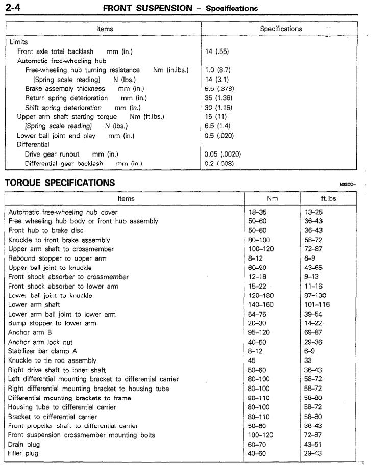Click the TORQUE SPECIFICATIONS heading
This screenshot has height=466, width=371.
pyautogui.click(x=60, y=183)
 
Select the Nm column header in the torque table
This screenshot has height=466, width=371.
pyautogui.click(x=272, y=198)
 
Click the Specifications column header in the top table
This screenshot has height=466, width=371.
pyautogui.click(x=281, y=29)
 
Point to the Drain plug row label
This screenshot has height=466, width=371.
pyautogui.click(x=23, y=444)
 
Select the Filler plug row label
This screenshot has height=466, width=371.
pyautogui.click(x=23, y=453)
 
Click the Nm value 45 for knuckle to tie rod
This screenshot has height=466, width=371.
pyautogui.click(x=252, y=360)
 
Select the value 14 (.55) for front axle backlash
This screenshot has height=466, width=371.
pyautogui.click(x=216, y=51)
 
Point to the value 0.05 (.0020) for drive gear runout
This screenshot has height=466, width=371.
pyautogui.click(x=222, y=154)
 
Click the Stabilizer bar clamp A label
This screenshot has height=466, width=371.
pyautogui.click(x=43, y=351)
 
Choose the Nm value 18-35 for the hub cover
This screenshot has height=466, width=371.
pyautogui.click(x=257, y=212)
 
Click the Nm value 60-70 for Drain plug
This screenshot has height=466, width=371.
pyautogui.click(x=257, y=444)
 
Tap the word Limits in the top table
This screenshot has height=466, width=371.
pyautogui.click(x=18, y=42)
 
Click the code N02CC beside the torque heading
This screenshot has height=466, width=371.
pyautogui.click(x=347, y=184)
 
